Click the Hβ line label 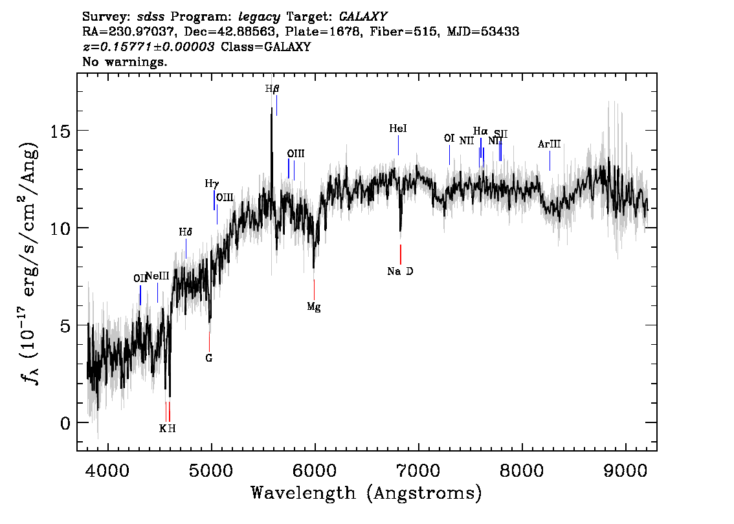click(272, 89)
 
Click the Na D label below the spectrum click(400, 271)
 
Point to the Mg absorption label click(314, 307)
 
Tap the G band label click(209, 357)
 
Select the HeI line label click(398, 129)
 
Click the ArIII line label click(549, 144)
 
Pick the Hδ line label click(186, 232)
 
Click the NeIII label click(157, 276)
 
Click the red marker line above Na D click(401, 254)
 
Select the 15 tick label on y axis click(60, 131)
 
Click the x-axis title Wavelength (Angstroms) click(366, 493)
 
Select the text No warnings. click(125, 62)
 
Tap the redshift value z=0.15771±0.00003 click(148, 47)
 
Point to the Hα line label click(480, 131)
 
